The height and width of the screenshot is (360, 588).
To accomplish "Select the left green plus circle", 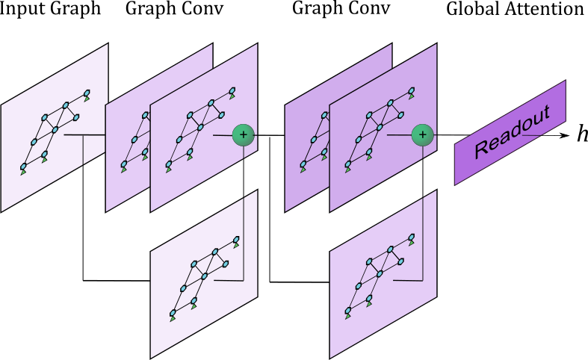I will (x=243, y=135).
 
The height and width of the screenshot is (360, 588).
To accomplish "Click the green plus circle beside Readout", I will (x=422, y=135).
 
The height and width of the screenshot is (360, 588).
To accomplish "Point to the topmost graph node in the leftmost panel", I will (x=87, y=93).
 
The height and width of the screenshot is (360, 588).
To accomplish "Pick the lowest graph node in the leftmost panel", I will (x=23, y=166).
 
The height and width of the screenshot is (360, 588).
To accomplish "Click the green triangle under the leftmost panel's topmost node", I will (x=87, y=99).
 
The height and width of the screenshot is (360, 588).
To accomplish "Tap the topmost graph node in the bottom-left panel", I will (x=236, y=240).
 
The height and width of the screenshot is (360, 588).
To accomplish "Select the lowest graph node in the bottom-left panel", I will (x=173, y=313).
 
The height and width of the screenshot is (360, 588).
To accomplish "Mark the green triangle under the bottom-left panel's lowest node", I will (x=173, y=319).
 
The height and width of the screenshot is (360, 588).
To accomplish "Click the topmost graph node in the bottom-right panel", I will (x=411, y=238).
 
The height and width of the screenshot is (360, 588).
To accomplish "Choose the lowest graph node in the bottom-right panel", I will (x=347, y=310).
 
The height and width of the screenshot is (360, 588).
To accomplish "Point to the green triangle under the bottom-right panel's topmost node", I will (x=411, y=243).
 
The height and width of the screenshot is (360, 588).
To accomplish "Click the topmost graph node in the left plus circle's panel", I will (x=232, y=91).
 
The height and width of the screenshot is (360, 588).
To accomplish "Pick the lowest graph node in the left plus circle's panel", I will (x=169, y=163).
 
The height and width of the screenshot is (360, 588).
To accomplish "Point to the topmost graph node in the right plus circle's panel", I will (x=411, y=91).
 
